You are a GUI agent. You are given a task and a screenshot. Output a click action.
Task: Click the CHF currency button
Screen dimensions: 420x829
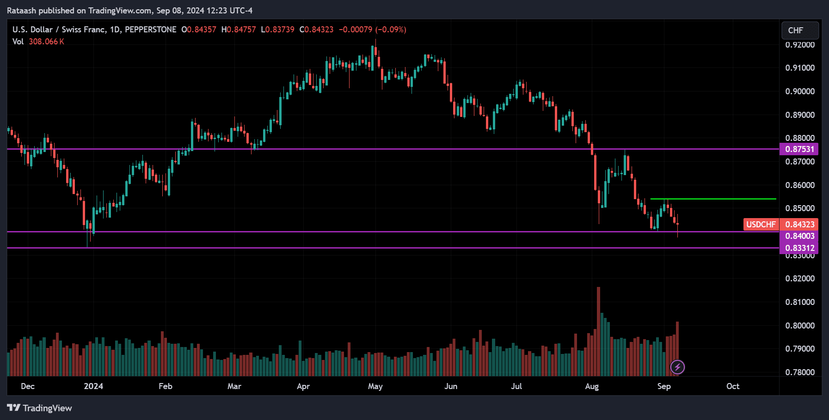tap(800, 30)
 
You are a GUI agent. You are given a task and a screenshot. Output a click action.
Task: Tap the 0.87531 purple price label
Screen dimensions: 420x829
tap(799, 149)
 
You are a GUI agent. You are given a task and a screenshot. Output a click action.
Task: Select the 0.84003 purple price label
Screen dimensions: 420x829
tap(799, 236)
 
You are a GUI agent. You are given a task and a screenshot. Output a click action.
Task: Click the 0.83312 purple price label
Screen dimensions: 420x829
tap(799, 248)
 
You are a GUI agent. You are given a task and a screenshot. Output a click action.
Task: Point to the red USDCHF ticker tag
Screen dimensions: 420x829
tap(761, 225)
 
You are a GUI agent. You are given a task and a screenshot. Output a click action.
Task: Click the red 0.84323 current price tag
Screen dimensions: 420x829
tap(799, 225)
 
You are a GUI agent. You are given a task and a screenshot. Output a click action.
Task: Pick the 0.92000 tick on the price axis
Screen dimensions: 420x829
tap(799, 45)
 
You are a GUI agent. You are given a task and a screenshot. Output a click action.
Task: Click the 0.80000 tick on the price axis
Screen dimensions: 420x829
tap(799, 325)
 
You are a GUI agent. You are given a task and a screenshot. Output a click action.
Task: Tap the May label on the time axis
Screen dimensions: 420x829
tap(375, 386)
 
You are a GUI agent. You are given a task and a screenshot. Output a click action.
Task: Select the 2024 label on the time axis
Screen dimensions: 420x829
tap(93, 386)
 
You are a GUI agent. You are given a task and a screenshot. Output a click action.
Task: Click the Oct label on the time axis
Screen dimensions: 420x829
tap(732, 386)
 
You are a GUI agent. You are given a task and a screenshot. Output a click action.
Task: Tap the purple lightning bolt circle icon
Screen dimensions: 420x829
tap(677, 367)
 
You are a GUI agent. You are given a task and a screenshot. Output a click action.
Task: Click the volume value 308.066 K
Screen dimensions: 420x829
tap(46, 42)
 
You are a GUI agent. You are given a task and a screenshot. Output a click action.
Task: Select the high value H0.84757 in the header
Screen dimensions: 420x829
tap(239, 30)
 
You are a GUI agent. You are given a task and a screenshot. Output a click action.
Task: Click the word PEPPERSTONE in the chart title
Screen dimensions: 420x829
tap(151, 30)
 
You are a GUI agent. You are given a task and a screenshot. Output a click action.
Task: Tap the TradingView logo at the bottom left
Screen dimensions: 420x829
tap(40, 408)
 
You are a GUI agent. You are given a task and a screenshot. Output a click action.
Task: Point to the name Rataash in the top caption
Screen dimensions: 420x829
tap(21, 10)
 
